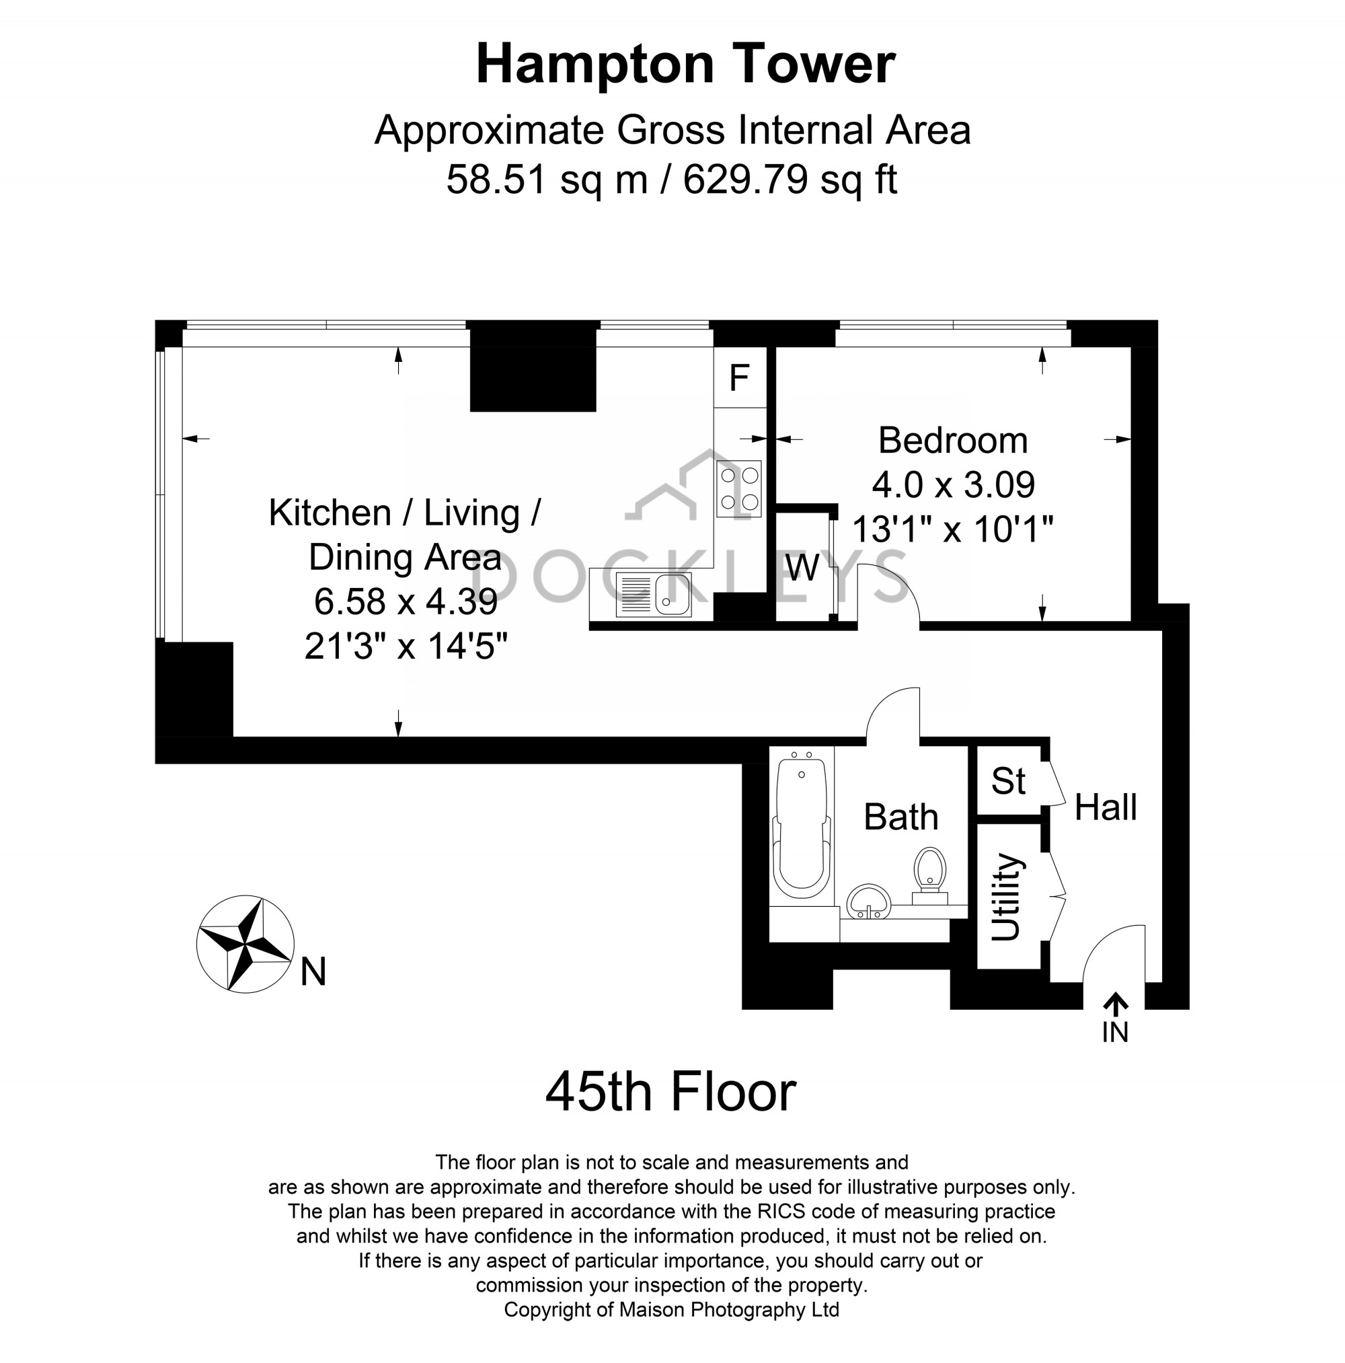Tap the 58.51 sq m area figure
(x=547, y=179)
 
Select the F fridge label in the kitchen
(x=738, y=378)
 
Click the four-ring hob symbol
(x=738, y=488)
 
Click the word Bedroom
(x=952, y=440)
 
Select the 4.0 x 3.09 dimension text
(x=952, y=484)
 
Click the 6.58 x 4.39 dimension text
(x=405, y=601)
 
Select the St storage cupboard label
(x=1007, y=780)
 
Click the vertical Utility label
(x=1005, y=897)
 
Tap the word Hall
(x=1104, y=807)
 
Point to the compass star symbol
(x=245, y=944)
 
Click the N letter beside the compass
(x=313, y=972)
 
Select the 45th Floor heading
(x=670, y=1092)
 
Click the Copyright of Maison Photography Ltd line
(x=670, y=1310)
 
